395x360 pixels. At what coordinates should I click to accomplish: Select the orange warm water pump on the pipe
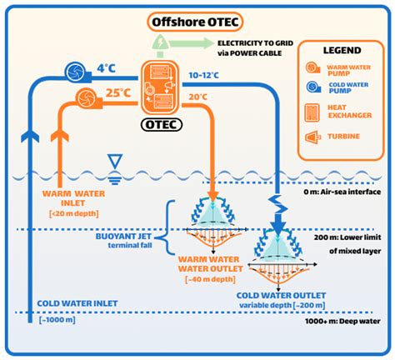tap(84, 99)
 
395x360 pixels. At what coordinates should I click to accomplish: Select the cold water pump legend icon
tap(311, 87)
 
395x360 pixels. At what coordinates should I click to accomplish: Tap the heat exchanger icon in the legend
tap(310, 111)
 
